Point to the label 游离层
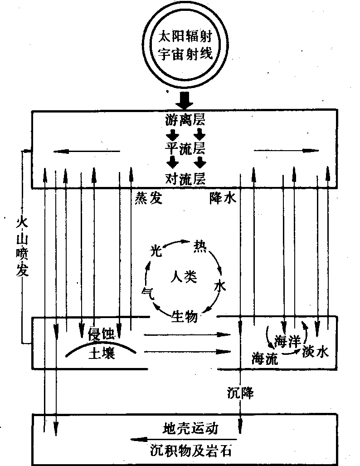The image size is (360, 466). point(185,121)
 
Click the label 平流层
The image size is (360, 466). point(185,148)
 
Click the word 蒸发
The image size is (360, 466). point(148,198)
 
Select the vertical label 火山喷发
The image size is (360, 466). point(21,247)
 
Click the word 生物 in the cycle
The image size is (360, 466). point(185,315)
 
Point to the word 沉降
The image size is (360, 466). point(240,393)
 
